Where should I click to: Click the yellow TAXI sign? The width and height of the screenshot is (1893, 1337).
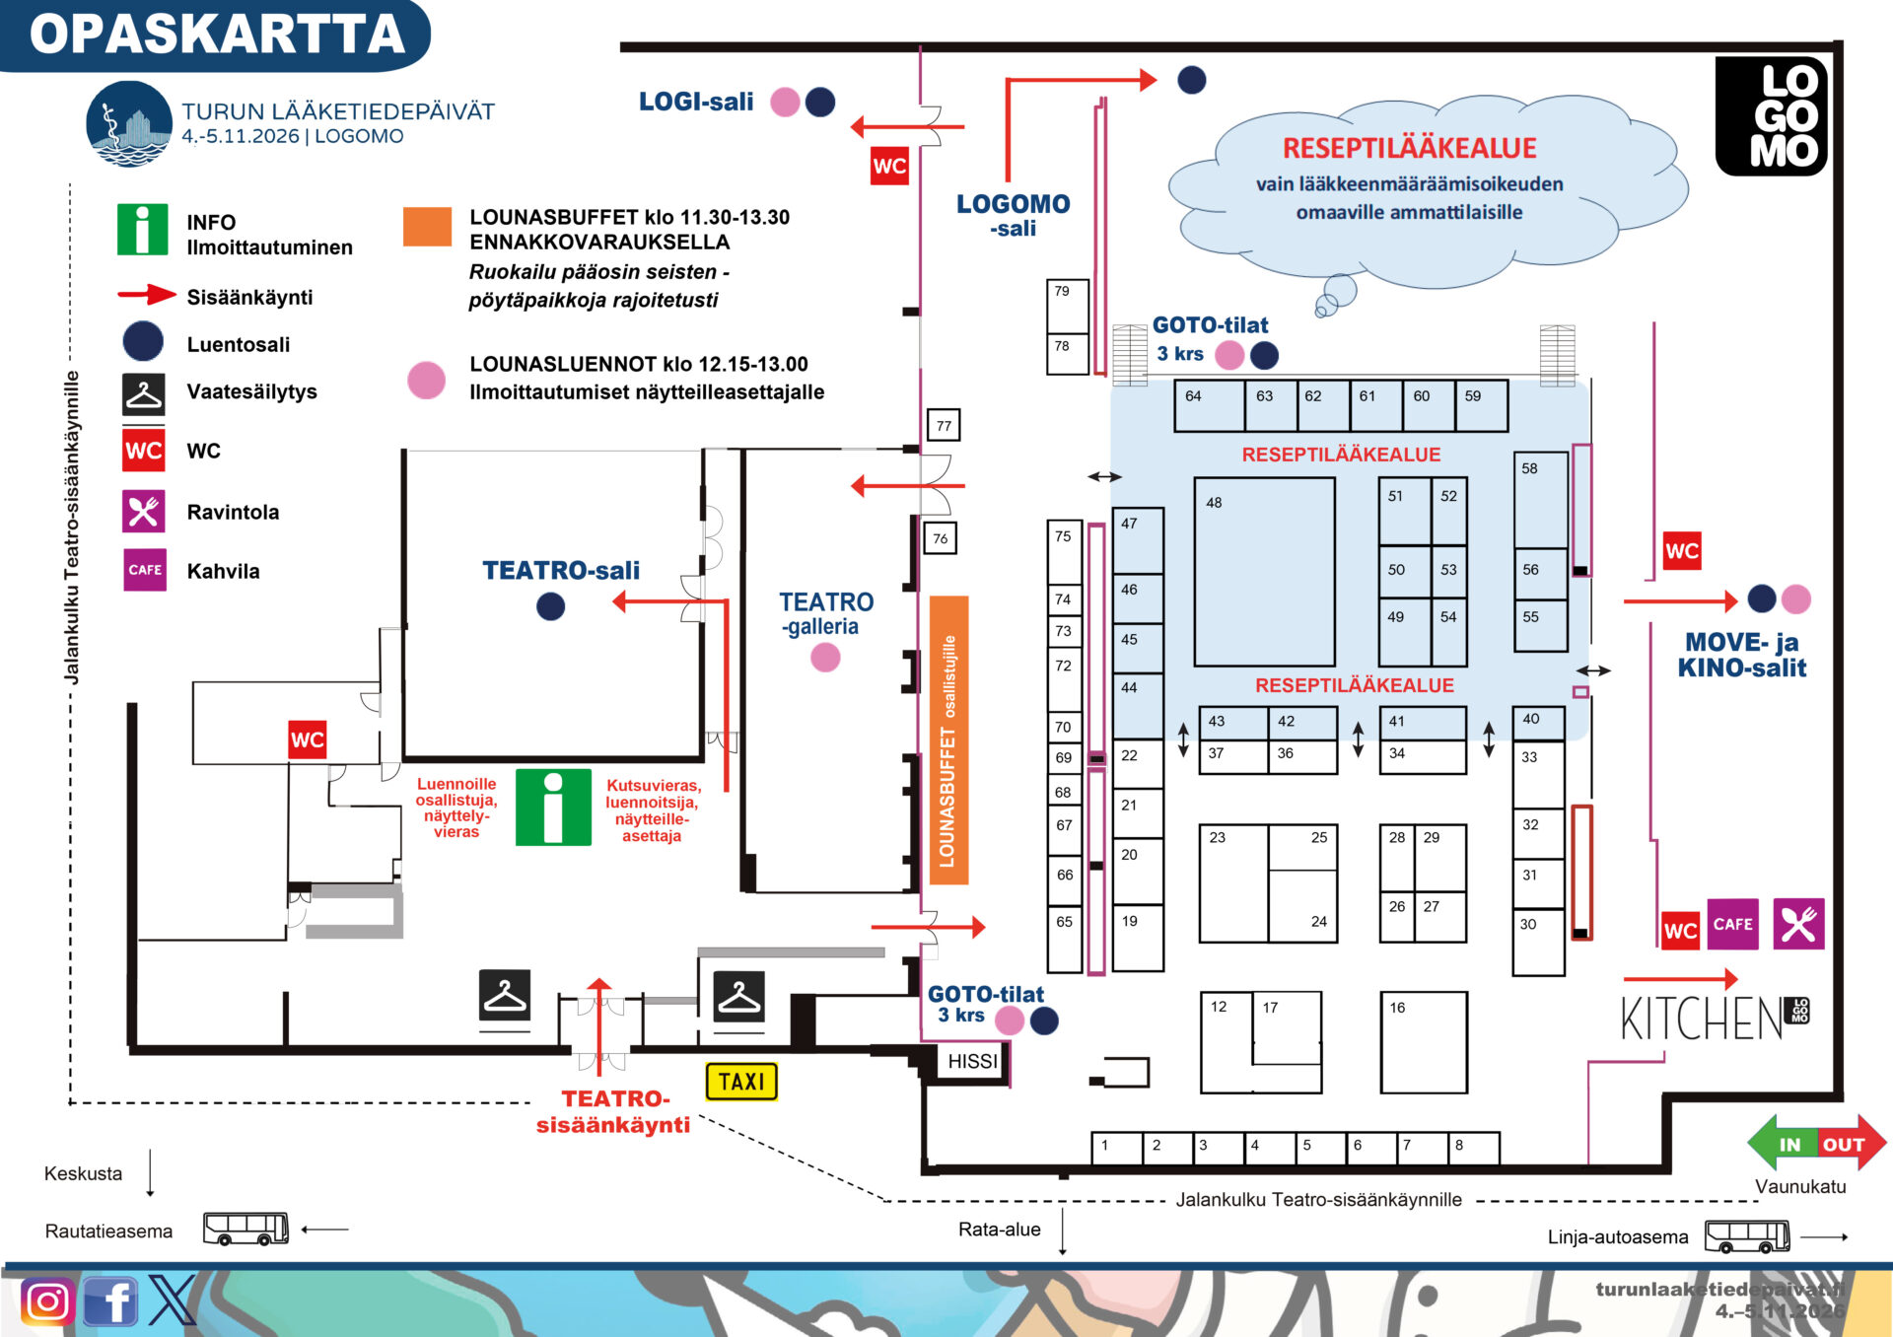(x=741, y=1082)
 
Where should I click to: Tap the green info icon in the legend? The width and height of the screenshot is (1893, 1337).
(x=142, y=230)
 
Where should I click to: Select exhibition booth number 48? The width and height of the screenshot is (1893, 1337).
(x=1264, y=572)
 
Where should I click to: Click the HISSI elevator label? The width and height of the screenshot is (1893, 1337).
(x=972, y=1061)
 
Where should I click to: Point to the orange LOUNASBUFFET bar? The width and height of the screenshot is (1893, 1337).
(x=948, y=739)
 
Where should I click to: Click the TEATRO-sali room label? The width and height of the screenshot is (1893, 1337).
(x=561, y=570)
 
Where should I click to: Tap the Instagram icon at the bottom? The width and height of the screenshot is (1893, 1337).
(x=47, y=1302)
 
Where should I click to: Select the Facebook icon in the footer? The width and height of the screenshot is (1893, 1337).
(x=110, y=1302)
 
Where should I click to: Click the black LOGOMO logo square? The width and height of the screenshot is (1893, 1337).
(x=1772, y=116)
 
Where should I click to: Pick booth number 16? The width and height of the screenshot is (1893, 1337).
(x=1424, y=1042)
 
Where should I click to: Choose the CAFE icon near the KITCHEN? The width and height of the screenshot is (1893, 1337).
(x=1732, y=924)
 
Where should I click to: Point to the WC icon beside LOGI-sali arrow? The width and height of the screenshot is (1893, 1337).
(x=889, y=166)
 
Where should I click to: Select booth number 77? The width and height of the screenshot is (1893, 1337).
(x=944, y=425)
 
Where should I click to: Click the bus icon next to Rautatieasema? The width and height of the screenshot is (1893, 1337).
(x=245, y=1229)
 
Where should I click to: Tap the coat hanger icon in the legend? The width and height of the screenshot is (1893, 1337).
(x=144, y=394)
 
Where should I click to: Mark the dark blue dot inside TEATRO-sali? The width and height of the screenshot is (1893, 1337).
(x=550, y=606)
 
